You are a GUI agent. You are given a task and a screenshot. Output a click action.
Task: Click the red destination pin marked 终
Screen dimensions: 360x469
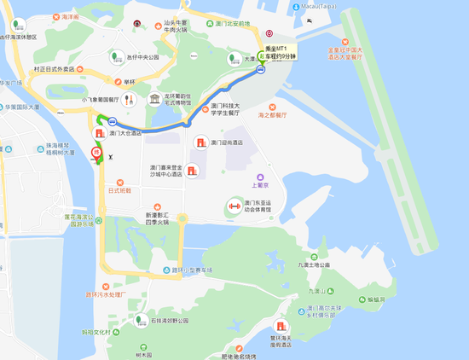pos(96,154)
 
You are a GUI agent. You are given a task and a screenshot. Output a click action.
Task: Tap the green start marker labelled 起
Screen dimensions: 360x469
pos(263,54)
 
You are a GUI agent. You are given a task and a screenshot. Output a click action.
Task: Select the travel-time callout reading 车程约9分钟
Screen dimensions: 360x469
pos(281,56)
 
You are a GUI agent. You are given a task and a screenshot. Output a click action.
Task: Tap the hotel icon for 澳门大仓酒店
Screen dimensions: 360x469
pos(100,133)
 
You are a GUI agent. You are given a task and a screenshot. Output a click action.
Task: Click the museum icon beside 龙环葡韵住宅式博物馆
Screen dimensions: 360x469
pos(153,100)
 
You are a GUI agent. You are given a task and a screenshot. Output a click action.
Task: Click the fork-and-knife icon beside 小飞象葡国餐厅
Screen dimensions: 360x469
pos(128,99)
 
